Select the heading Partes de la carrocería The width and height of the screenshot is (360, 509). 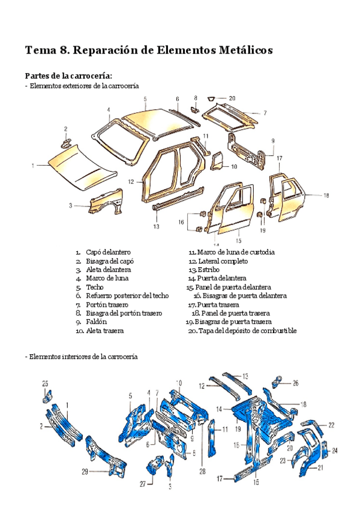pos(68,76)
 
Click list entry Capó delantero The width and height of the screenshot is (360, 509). pos(108,253)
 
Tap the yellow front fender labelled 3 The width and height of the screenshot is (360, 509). pos(106,202)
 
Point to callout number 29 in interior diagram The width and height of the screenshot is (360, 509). pos(85,471)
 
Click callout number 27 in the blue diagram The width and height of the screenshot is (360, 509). pos(142,484)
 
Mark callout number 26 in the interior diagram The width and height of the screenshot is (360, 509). pos(295,382)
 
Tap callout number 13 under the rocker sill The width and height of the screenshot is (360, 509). pos(156,227)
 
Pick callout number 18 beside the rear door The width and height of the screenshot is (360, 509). pos(326,195)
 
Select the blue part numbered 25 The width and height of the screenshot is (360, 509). pos(47,396)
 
